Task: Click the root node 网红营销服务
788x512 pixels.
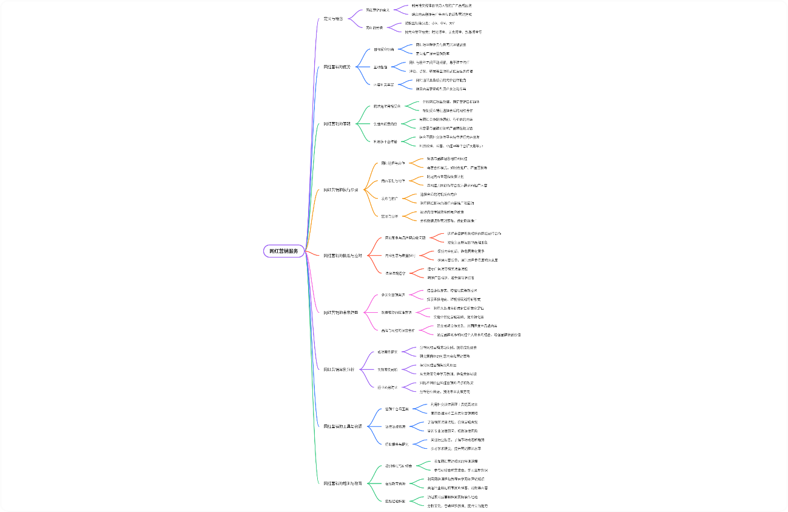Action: [283, 251]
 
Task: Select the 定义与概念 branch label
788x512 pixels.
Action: [334, 19]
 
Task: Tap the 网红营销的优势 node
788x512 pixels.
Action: [337, 67]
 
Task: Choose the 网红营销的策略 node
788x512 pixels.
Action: [337, 123]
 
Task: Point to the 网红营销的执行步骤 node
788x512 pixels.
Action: [341, 189]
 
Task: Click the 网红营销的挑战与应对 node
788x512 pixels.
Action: [343, 256]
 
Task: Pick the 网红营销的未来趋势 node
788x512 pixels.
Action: [341, 312]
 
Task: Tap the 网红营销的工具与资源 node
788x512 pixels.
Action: [343, 426]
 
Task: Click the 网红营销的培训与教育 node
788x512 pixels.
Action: [343, 483]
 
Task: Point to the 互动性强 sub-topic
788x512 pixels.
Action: [381, 67]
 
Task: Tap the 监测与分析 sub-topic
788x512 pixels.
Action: [389, 216]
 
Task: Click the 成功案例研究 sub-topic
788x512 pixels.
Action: [388, 352]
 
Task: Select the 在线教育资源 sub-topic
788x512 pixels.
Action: [396, 483]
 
